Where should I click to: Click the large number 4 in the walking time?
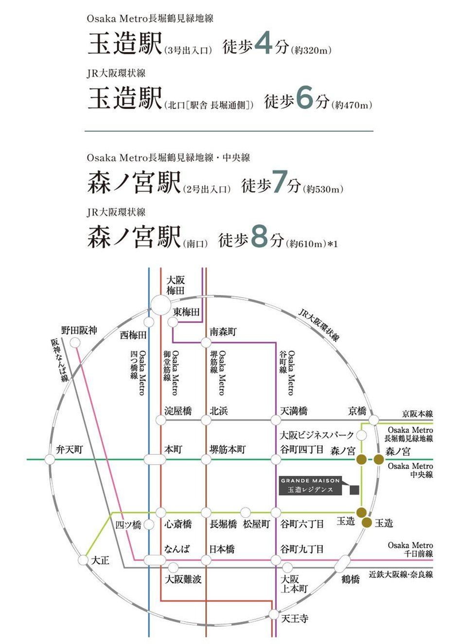(263, 45)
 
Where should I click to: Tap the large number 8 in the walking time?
(259, 238)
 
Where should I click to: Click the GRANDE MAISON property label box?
(311, 485)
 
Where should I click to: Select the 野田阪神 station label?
(79, 331)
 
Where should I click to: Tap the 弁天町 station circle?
(49, 459)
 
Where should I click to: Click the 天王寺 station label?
(295, 619)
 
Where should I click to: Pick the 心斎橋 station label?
(177, 524)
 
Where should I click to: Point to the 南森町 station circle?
(206, 342)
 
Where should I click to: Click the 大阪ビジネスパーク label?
(317, 435)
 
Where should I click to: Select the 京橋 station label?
(357, 411)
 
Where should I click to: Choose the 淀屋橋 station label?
(178, 411)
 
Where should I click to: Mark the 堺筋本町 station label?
(228, 450)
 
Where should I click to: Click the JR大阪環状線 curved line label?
(319, 324)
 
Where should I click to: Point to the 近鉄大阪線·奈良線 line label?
(401, 574)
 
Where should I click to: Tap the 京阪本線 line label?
(417, 414)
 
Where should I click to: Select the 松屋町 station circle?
(246, 512)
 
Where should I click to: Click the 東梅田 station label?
(186, 312)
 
